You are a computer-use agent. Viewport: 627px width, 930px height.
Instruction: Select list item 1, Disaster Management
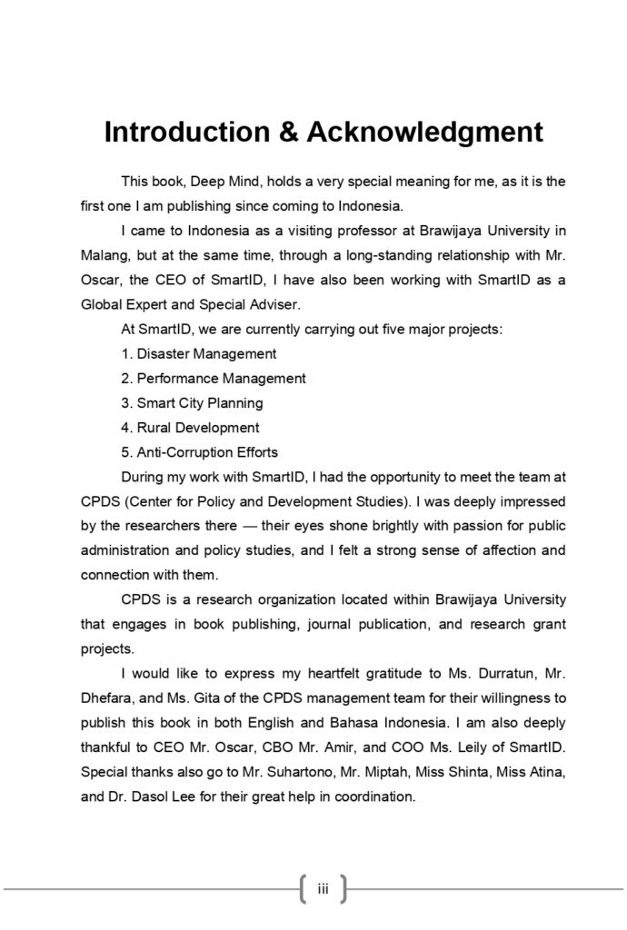(198, 353)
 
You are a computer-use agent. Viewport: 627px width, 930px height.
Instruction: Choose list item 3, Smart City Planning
(192, 402)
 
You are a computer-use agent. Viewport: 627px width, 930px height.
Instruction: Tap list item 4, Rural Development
(190, 427)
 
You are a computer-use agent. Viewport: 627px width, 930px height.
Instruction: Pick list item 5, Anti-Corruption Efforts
(199, 451)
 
